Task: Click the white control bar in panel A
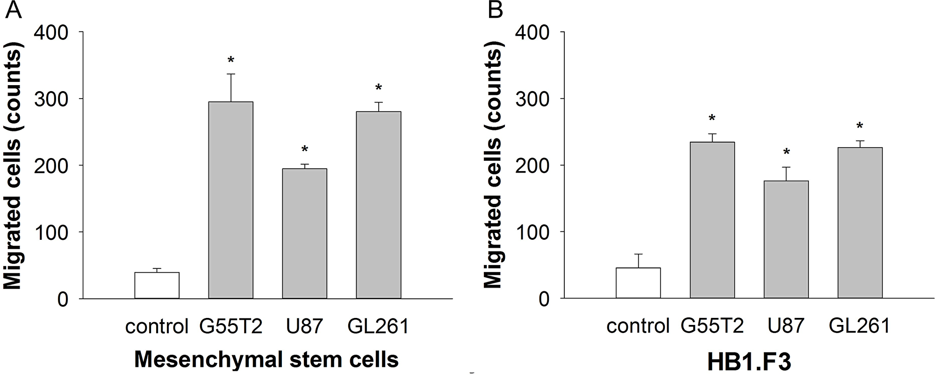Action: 157,285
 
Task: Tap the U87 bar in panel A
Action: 304,233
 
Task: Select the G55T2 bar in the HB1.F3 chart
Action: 712,220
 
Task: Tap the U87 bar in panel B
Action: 786,239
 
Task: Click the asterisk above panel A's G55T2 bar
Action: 231,60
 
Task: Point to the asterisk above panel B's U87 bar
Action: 786,152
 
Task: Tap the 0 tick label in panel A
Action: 63,299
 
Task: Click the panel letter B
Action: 495,10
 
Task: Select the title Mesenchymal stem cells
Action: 266,360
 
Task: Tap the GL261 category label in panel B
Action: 859,325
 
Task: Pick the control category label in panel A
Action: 157,326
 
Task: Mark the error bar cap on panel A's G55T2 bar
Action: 231,74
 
